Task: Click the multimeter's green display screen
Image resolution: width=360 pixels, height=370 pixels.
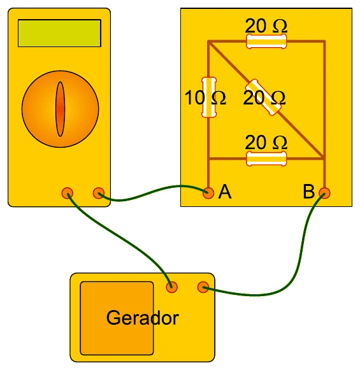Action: (59, 33)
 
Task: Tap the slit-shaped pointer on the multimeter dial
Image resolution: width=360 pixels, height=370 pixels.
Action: (60, 109)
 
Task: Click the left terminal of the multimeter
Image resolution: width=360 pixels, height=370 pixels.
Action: (68, 193)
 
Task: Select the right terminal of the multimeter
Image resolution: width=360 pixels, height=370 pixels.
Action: (99, 193)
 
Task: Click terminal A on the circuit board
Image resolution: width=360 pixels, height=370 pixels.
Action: (208, 193)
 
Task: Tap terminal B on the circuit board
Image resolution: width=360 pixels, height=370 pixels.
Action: (324, 193)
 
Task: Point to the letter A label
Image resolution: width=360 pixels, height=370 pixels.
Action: (225, 192)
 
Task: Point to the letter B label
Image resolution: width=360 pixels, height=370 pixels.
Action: (309, 192)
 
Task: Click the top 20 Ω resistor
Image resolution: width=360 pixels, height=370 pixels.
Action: (266, 41)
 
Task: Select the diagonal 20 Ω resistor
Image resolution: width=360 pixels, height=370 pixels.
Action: (263, 97)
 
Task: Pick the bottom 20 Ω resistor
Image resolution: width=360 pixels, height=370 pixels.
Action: (266, 159)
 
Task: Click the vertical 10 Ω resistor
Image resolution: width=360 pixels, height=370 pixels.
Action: (209, 97)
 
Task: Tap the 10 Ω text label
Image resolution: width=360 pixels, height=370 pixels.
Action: (205, 97)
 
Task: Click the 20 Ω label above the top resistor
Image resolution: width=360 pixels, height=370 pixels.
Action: (266, 25)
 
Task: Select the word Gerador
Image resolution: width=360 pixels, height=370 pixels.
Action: (143, 318)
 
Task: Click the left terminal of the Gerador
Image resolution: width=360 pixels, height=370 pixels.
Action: (171, 287)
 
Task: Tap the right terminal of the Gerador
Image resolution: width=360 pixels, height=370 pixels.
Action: (203, 287)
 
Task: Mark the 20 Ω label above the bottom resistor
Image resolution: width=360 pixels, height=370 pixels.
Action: (266, 143)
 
